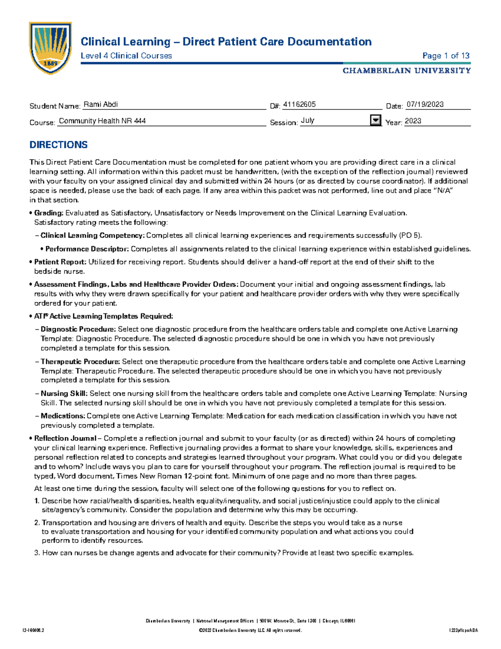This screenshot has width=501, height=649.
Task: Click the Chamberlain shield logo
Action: (x=50, y=48)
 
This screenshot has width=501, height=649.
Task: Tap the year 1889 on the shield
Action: (x=51, y=64)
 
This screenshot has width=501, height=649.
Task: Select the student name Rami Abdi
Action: (x=101, y=104)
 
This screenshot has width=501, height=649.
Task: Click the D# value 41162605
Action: (x=299, y=104)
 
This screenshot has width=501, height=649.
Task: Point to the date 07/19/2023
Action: (x=425, y=104)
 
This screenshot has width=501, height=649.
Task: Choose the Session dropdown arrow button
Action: (x=376, y=120)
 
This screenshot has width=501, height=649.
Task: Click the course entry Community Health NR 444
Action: (x=102, y=121)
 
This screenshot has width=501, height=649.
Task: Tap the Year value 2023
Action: (x=413, y=121)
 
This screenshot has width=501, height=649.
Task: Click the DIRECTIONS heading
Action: (x=58, y=145)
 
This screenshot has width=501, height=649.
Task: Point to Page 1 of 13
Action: (x=446, y=56)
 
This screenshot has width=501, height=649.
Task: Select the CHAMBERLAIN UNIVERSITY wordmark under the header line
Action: (x=407, y=71)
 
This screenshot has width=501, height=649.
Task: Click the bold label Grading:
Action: (x=49, y=213)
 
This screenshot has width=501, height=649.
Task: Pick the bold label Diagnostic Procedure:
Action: (x=78, y=329)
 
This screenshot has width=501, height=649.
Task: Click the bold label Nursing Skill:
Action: (x=64, y=394)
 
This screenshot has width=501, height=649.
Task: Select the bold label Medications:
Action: (x=63, y=416)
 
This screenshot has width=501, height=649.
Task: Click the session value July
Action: (x=307, y=121)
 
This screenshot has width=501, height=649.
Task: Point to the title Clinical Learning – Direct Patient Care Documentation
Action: (x=226, y=42)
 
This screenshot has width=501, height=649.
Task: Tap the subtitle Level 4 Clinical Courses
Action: (x=126, y=56)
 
